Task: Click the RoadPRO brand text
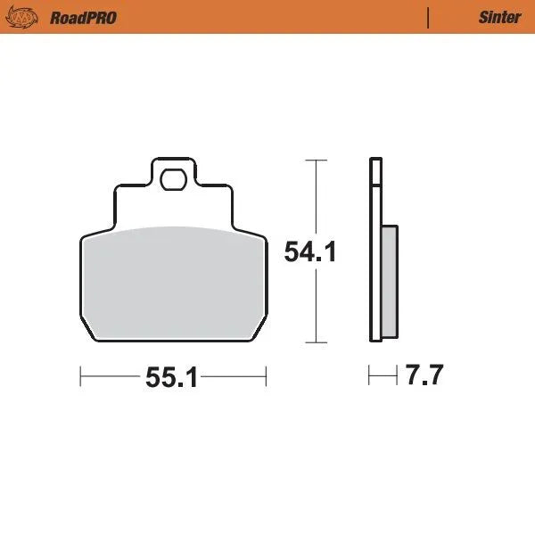coord(83,17)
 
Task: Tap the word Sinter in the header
coord(499,17)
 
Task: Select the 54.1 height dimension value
coord(309,252)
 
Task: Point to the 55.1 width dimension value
coord(171,378)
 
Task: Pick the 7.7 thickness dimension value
coord(424,375)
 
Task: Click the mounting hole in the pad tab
coord(171,182)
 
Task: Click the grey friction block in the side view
coord(390,280)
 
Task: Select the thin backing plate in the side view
coord(374,259)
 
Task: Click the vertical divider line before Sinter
coord(430,17)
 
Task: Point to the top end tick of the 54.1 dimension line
coord(312,160)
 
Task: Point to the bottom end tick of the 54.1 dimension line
coord(312,342)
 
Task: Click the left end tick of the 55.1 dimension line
coord(81,377)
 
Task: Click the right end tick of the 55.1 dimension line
coord(266,377)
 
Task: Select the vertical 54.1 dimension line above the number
coord(312,201)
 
